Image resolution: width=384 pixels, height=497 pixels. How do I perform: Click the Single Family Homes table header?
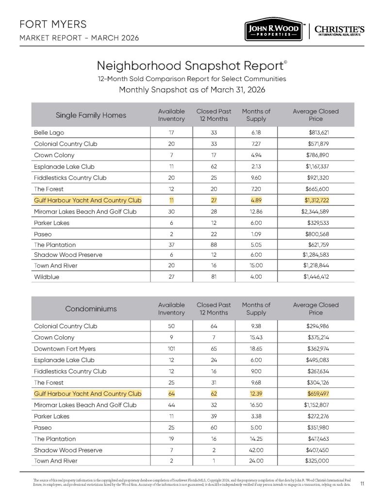(91, 115)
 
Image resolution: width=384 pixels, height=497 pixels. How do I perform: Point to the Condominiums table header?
(91, 309)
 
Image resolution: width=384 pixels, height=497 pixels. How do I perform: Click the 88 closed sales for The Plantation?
(213, 245)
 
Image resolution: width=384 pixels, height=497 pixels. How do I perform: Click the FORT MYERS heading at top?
(52, 24)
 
